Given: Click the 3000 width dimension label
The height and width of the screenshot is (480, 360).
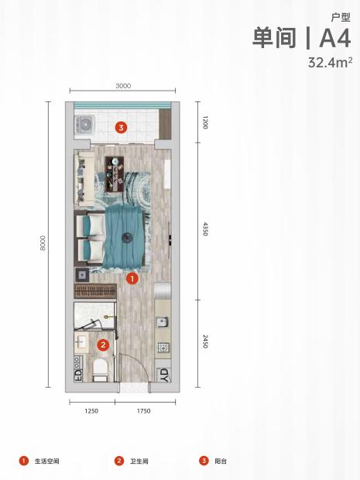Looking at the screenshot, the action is click(123, 86).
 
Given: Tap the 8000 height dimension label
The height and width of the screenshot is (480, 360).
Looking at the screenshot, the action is click(43, 243).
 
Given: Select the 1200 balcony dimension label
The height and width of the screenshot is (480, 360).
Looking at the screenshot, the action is click(205, 122).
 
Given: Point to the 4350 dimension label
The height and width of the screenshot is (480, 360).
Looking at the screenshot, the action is click(205, 229).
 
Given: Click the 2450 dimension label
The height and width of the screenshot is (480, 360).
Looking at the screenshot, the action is click(205, 341).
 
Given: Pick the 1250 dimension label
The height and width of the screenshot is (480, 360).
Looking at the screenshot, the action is click(91, 411).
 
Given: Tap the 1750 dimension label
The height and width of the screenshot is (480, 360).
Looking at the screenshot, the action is click(143, 411).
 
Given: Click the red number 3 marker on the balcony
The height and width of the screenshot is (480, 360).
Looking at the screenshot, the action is click(122, 127).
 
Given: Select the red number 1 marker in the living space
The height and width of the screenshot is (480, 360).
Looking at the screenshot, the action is click(132, 278).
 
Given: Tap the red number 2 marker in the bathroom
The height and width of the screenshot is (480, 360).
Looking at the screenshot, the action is click(103, 345).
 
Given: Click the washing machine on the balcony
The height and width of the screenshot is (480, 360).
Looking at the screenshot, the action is click(84, 125).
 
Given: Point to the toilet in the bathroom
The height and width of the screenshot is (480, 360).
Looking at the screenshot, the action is click(100, 370).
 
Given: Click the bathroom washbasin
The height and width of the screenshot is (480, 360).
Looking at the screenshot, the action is click(82, 341).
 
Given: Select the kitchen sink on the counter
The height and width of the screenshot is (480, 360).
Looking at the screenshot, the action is click(163, 322).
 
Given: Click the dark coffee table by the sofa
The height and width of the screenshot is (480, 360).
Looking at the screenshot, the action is click(115, 174).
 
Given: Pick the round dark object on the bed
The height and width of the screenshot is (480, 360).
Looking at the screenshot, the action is click(127, 238).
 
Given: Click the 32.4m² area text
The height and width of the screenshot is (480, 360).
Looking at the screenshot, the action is click(330, 63).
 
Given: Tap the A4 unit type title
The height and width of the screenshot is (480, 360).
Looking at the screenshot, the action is click(335, 38).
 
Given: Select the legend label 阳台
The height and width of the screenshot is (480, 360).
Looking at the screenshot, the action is click(221, 461).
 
